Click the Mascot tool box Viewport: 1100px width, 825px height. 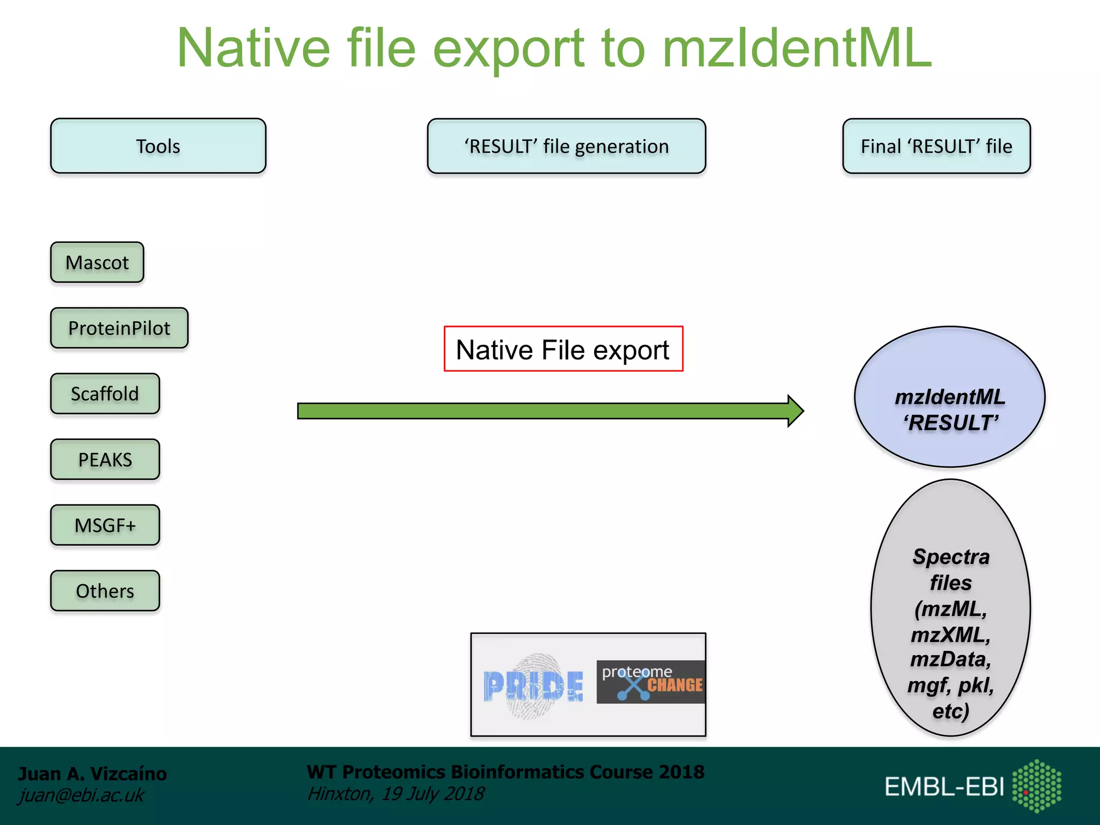click(97, 263)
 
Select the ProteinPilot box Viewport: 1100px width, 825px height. click(119, 328)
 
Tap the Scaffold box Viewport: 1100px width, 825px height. click(105, 394)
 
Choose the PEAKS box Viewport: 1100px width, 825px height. click(105, 460)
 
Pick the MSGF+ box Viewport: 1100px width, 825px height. click(105, 525)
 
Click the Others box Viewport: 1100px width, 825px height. click(105, 591)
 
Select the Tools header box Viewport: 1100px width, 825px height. click(158, 146)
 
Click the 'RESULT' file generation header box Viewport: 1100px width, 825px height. click(566, 146)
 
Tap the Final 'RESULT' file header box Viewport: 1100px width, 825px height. click(936, 146)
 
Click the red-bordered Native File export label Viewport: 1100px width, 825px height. click(563, 349)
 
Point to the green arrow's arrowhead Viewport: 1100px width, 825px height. click(795, 411)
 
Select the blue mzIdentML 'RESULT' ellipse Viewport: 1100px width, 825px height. click(949, 397)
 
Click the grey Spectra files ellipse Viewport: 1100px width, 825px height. click(950, 607)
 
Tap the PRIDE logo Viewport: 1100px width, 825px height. click(533, 686)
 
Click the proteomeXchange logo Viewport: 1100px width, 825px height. click(650, 682)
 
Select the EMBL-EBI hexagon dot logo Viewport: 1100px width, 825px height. click(1036, 786)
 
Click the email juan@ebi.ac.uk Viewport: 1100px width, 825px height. click(81, 795)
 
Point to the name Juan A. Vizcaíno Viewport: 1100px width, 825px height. click(92, 773)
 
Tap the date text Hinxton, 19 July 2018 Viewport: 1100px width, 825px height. click(395, 794)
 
